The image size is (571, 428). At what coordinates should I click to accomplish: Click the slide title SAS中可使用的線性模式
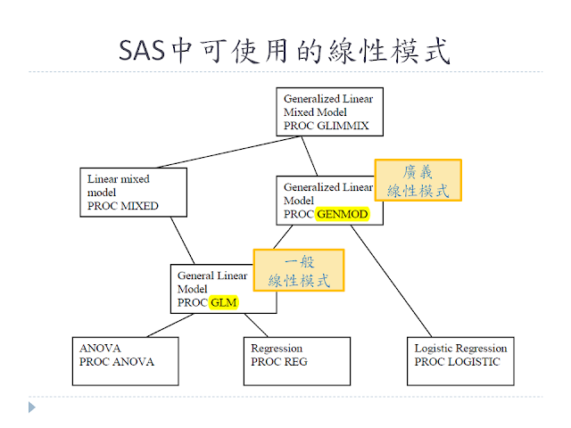coord(285,52)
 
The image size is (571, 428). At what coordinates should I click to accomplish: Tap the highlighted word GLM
coord(226,302)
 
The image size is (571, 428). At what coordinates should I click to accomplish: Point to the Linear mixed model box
coord(132,191)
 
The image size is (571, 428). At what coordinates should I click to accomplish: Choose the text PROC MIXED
coord(123,206)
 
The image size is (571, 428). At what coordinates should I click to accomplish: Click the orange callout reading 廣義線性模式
coord(418,181)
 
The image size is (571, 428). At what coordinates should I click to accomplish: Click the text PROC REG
coord(278,362)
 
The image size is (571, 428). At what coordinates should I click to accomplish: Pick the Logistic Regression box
coord(461,360)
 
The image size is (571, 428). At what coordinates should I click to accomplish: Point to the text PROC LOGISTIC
coord(457,362)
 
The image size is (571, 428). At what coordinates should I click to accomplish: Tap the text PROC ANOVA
coord(117,362)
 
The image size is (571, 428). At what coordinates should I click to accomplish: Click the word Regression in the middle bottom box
coord(277,348)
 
